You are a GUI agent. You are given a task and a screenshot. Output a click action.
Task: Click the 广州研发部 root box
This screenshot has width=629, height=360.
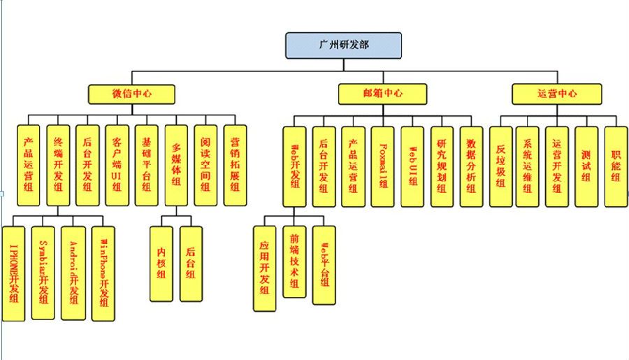343,45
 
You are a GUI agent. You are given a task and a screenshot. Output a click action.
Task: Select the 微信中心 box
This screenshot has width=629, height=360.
131,94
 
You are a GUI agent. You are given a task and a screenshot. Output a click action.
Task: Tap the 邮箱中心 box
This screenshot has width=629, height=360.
382,94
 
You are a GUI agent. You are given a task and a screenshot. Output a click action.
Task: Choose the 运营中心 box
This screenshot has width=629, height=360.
556,94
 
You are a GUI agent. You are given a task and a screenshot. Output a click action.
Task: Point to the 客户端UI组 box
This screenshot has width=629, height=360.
117,166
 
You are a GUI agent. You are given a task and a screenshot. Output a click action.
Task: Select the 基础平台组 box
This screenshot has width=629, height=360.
146,166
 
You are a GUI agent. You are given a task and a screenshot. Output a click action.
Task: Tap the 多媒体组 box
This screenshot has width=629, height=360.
176,166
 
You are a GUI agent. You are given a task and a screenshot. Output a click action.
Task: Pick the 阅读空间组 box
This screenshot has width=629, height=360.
205,166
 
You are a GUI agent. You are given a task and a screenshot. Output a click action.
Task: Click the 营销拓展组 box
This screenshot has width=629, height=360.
235,166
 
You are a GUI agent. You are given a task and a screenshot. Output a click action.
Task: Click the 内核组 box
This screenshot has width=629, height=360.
161,264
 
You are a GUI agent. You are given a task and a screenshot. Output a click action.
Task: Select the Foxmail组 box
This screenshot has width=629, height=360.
383,166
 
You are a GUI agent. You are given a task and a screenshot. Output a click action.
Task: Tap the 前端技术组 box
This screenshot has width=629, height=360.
294,261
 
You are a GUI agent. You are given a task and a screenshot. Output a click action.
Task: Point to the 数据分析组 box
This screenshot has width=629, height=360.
471,166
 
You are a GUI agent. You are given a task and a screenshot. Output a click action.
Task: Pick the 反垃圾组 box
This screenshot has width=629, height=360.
500,166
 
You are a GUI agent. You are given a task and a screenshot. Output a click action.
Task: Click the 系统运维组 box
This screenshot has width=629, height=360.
528,166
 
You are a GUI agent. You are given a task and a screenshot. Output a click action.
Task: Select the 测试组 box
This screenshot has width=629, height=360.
586,166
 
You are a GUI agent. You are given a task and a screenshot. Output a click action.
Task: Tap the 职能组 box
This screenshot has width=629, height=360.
615,166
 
